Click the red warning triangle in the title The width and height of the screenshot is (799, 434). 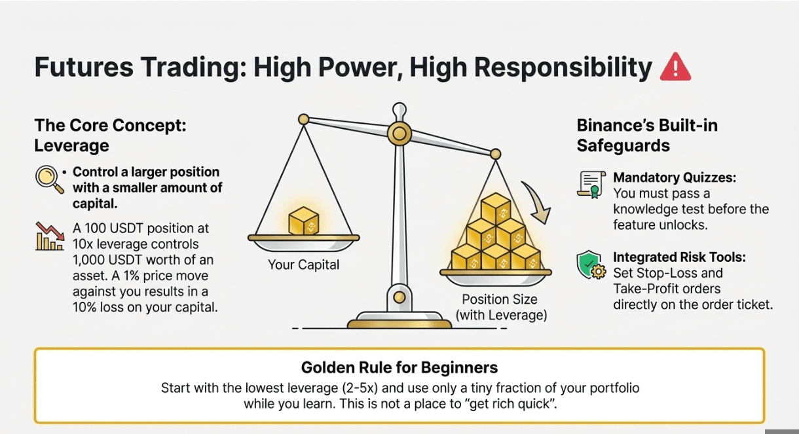point(675,67)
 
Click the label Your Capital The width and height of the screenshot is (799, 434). point(303,265)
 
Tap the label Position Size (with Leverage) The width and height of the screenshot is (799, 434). point(500,307)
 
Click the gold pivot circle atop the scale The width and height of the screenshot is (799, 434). point(398,134)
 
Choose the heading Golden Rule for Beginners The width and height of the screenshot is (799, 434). point(399,367)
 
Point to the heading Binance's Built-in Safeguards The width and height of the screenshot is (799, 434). point(646,135)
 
